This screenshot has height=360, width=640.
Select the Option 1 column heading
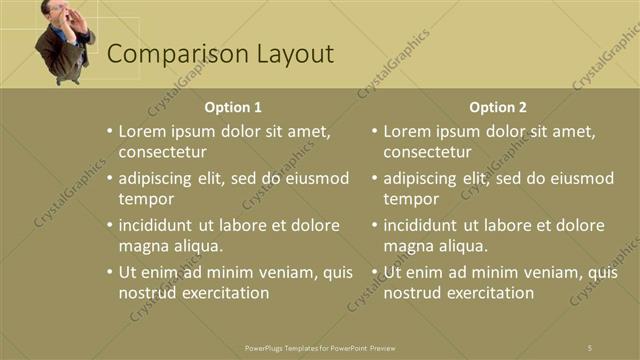(233, 107)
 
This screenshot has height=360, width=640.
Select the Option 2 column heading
(498, 107)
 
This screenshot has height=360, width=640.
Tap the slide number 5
(590, 347)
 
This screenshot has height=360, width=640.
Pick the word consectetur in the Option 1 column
(162, 152)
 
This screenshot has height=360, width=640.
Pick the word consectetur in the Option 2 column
(427, 152)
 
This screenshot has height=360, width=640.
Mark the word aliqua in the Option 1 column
(196, 246)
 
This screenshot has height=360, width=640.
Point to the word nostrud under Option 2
(412, 293)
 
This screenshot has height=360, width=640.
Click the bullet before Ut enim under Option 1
(109, 272)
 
